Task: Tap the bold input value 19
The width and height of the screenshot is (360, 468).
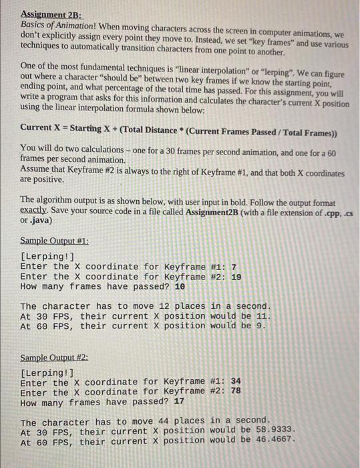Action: pos(236,277)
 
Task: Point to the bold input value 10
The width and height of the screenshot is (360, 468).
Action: pos(180,286)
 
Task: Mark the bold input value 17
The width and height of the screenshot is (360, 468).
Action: pos(180,402)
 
